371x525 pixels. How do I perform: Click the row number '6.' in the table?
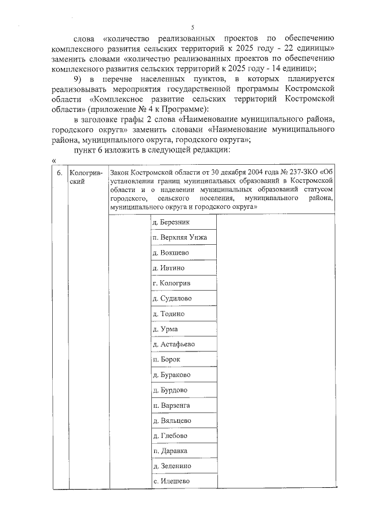[59, 173]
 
